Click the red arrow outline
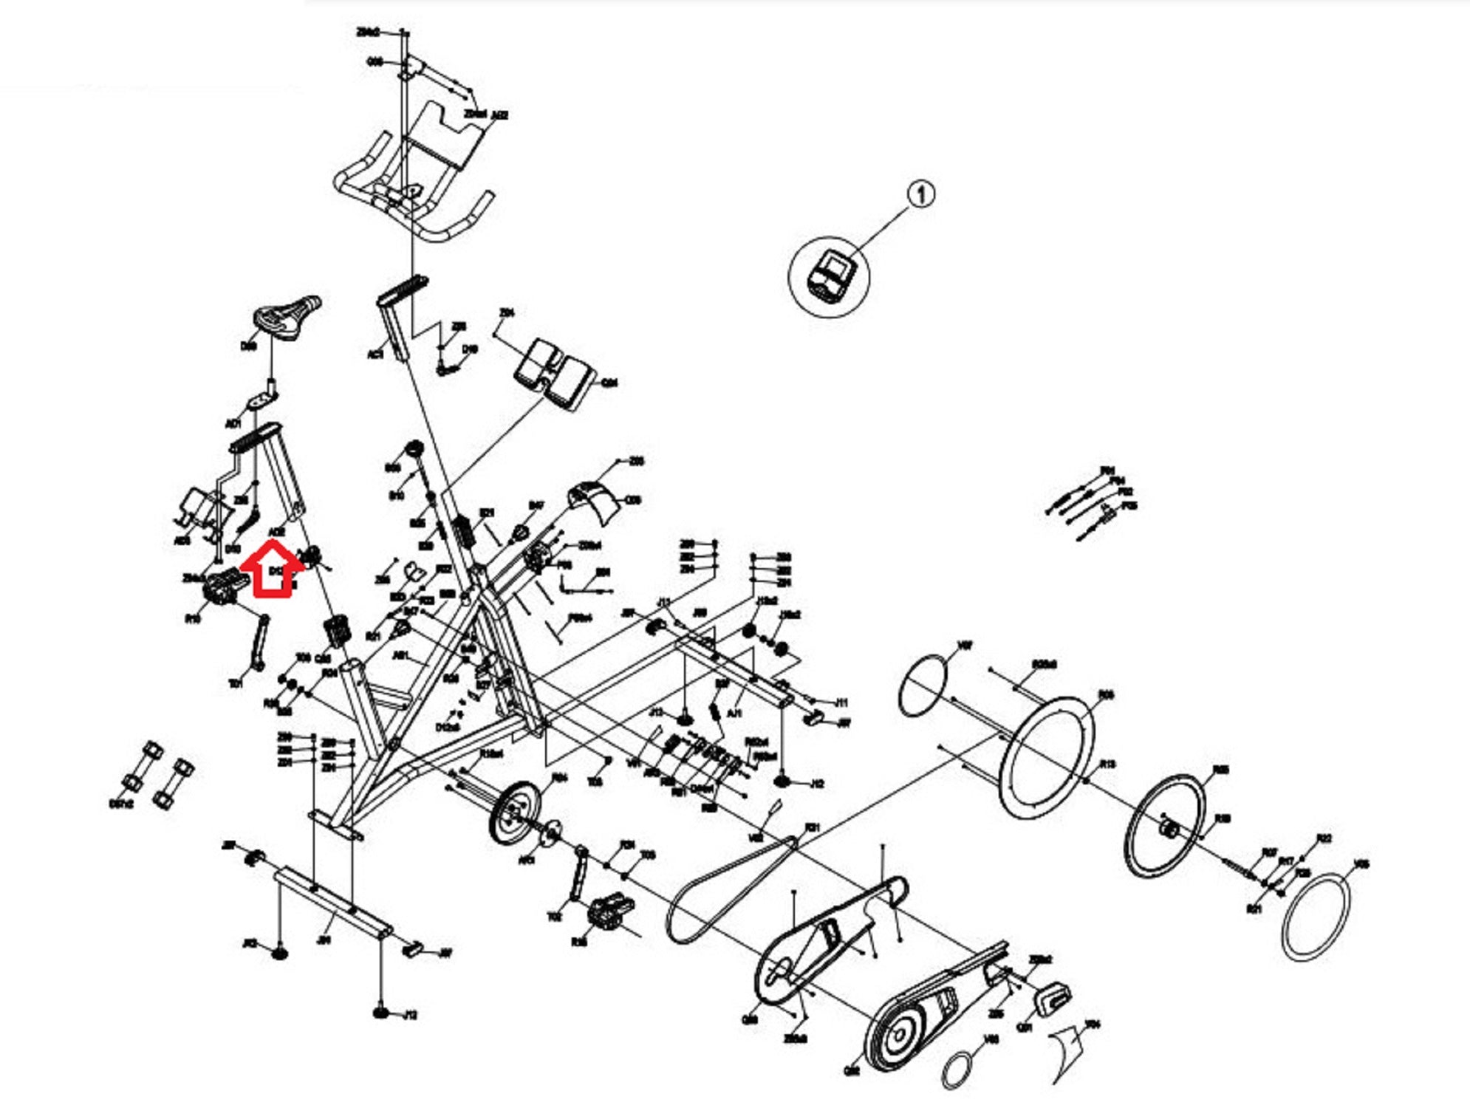coord(273,569)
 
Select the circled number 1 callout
coord(920,194)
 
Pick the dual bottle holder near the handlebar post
coord(555,373)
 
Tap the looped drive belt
coord(731,890)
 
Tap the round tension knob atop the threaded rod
coord(413,450)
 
